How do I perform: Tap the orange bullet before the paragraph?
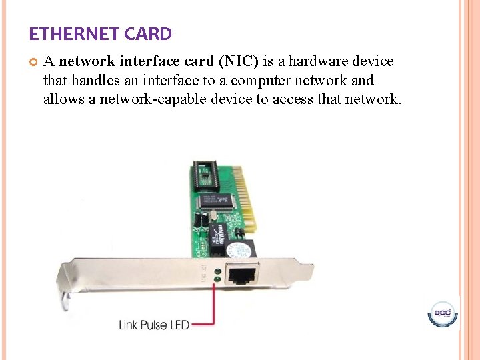point(33,62)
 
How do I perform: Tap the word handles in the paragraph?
point(96,81)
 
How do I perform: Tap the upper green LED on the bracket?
point(217,271)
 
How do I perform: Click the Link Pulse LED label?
point(154,325)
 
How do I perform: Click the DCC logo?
point(442,313)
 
